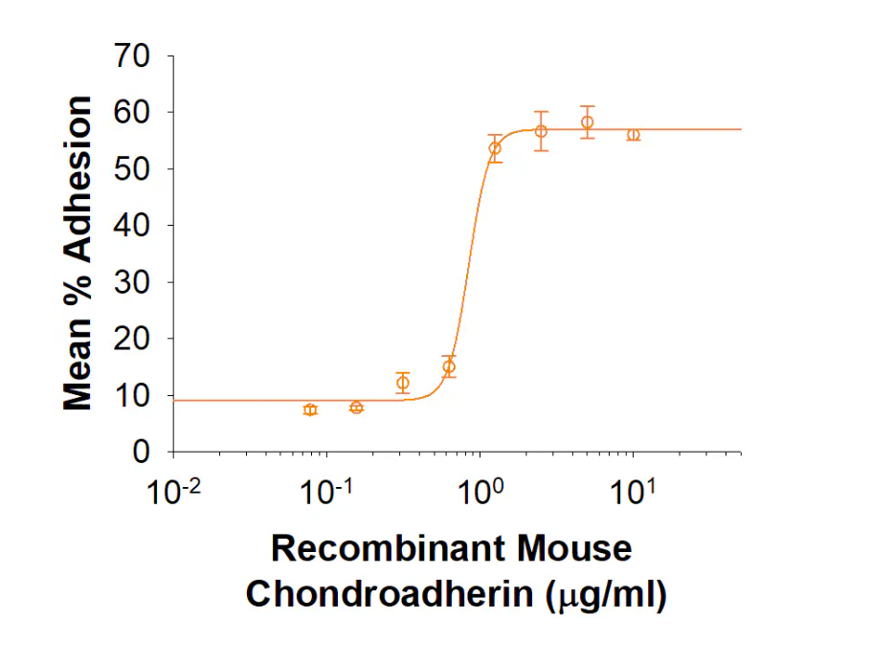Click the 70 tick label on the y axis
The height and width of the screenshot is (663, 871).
coord(132,56)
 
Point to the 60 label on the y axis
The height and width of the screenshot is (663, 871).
coord(132,113)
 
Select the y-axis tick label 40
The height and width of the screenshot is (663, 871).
coord(132,226)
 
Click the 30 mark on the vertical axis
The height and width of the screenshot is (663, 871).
coord(132,282)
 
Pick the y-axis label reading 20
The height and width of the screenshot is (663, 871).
coord(132,339)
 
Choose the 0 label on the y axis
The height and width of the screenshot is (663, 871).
coord(141,452)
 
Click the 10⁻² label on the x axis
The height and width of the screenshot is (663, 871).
coord(173,492)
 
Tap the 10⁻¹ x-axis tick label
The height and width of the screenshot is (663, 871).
coord(325,492)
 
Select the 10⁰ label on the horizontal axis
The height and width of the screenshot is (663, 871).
coord(480,492)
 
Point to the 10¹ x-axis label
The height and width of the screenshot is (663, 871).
coord(633,492)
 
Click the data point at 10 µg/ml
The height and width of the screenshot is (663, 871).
coord(634,135)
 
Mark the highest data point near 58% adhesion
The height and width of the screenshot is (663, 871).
coord(587,122)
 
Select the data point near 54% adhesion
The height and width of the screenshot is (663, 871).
coord(495,148)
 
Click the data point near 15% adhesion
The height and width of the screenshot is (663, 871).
coord(449,366)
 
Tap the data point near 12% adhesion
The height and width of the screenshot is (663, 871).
coord(403,383)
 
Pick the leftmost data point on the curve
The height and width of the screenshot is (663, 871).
coord(310,409)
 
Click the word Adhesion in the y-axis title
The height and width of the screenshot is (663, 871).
coord(78,179)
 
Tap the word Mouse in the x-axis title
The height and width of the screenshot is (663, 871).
coord(574,548)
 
